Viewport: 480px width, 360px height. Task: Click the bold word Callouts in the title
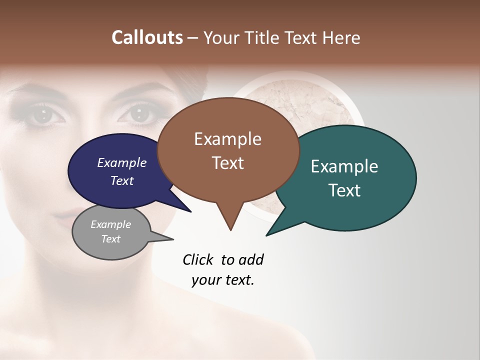(x=147, y=37)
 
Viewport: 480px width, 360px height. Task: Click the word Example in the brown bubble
(x=228, y=139)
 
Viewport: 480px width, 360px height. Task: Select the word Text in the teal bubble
(x=344, y=190)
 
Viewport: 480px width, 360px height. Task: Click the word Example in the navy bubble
(x=122, y=162)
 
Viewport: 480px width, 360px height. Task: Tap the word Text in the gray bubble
(x=111, y=239)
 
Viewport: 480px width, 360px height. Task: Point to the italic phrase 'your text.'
(x=223, y=280)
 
